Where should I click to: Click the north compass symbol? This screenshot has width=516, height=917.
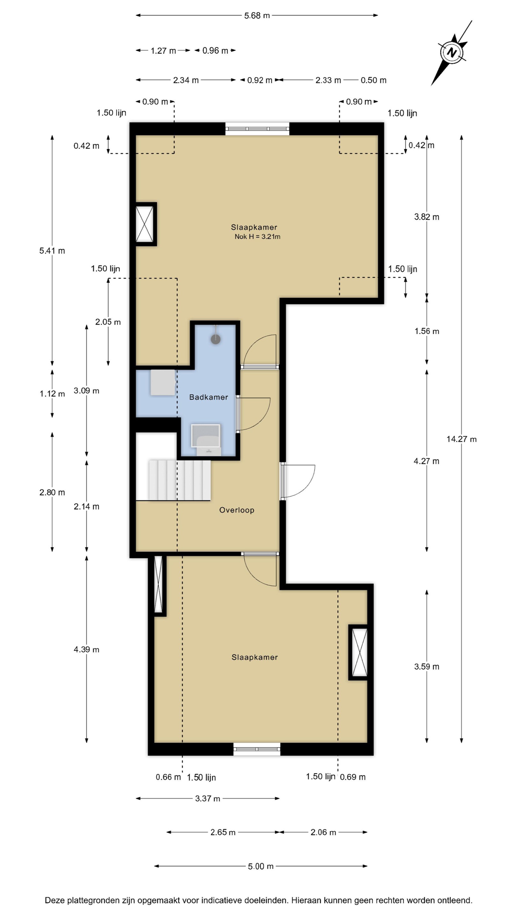452,53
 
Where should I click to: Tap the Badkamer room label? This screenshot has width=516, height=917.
208,397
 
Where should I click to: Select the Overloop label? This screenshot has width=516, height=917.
236,510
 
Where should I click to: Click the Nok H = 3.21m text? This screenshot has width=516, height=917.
257,236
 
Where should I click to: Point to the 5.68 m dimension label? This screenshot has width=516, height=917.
257,15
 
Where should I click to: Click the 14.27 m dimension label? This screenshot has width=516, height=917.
461,439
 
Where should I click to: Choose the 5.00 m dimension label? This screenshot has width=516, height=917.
261,866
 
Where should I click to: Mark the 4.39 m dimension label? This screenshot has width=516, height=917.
86,649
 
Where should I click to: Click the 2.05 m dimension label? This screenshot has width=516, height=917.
108,322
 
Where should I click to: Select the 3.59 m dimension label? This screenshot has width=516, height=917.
426,666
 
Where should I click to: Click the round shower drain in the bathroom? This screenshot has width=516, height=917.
215,339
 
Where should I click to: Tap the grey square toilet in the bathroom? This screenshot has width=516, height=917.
163,382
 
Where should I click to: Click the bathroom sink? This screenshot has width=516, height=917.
206,440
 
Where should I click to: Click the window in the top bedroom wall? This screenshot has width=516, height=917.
257,129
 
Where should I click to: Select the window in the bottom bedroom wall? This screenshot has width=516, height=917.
256,749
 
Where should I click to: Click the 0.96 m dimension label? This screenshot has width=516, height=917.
215,51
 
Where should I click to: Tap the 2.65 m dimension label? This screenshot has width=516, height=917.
223,832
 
